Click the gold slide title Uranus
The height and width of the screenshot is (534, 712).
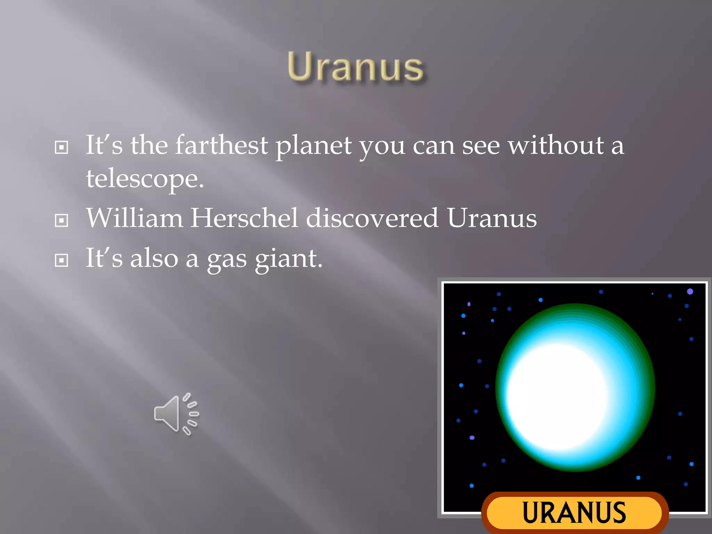(x=355, y=67)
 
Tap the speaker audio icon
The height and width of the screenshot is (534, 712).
(x=176, y=414)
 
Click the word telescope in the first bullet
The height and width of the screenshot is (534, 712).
(x=145, y=179)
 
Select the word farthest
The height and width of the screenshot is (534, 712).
(x=221, y=145)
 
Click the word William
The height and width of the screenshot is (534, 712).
(x=135, y=218)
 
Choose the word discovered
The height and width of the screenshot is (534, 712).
(x=372, y=218)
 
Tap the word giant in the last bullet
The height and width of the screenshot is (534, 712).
(x=289, y=259)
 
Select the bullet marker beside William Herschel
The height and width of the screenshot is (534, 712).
(x=62, y=220)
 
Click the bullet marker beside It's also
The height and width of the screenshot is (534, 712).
(x=62, y=260)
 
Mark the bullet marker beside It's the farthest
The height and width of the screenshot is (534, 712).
(x=62, y=147)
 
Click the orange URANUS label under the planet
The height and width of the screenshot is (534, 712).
(x=574, y=512)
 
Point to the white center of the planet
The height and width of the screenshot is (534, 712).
(x=556, y=396)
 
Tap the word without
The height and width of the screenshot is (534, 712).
(x=556, y=145)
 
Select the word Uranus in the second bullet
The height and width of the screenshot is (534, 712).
(x=492, y=218)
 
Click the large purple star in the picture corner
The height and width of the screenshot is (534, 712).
(x=690, y=292)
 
